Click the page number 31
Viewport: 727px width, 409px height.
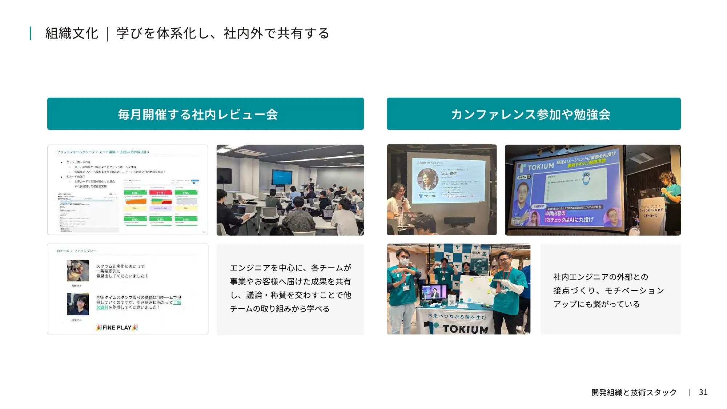coord(703,392)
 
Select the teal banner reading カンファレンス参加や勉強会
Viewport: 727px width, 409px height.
coord(534,114)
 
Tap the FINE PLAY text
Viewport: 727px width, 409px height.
coord(117,327)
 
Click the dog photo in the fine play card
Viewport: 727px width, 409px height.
coord(78,270)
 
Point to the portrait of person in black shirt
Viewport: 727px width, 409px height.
coord(78,304)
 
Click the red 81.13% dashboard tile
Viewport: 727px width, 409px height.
coord(160,193)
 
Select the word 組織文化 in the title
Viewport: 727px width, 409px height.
coord(72,33)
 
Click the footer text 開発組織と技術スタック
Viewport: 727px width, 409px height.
coord(634,392)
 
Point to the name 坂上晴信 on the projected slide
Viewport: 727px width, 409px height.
coord(449,173)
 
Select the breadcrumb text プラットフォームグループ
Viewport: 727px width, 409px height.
coord(76,152)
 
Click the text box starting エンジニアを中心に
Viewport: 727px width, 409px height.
coord(290,288)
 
